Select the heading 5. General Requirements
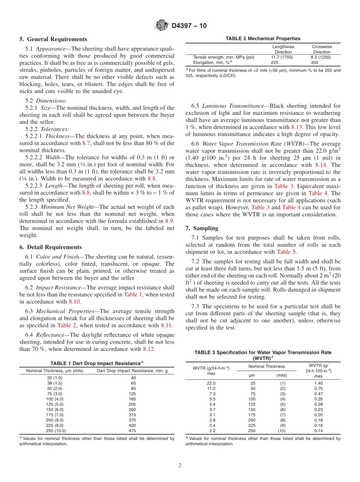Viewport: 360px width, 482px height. (x=53, y=39)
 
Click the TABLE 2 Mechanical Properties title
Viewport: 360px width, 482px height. (x=263, y=39)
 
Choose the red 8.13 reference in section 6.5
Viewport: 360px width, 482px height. (x=297, y=127)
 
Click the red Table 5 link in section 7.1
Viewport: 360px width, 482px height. (x=286, y=252)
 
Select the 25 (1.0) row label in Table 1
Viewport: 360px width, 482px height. (x=55, y=378)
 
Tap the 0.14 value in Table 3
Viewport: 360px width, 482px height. (x=318, y=431)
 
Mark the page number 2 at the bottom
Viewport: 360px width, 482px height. (x=180, y=466)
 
